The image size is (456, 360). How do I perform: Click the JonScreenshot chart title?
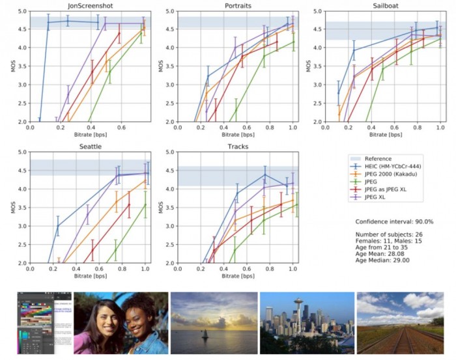[89, 6]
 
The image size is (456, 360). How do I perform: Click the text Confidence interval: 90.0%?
[394, 222]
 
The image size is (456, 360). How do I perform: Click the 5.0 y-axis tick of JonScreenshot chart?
[21, 12]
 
